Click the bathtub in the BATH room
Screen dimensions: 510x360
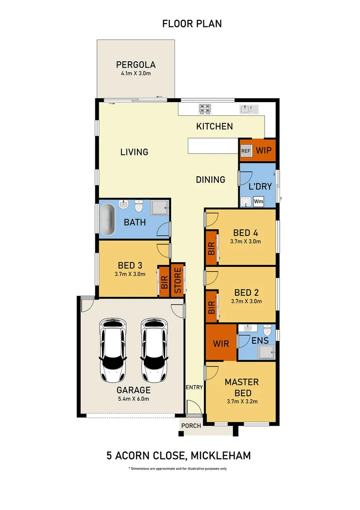pyautogui.click(x=108, y=220)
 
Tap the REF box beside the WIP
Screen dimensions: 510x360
pyautogui.click(x=245, y=151)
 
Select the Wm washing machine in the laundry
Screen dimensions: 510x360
pyautogui.click(x=259, y=201)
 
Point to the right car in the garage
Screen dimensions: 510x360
pyautogui.click(x=154, y=350)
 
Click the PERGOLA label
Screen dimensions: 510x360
pyautogui.click(x=136, y=65)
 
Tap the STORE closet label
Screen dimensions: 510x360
pyautogui.click(x=177, y=281)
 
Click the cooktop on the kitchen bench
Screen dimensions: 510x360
pyautogui.click(x=204, y=109)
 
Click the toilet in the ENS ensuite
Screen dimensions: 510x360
pyautogui.click(x=268, y=330)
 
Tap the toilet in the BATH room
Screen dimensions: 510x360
pyautogui.click(x=139, y=206)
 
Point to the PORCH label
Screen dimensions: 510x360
pyautogui.click(x=191, y=425)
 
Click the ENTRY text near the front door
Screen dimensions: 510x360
pyautogui.click(x=194, y=387)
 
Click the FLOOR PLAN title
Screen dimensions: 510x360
pyautogui.click(x=192, y=23)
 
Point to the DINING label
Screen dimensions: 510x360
pyautogui.click(x=210, y=179)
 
